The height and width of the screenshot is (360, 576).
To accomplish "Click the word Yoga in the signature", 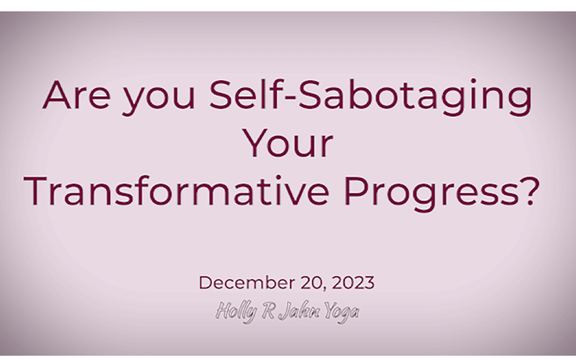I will click(341, 312).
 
